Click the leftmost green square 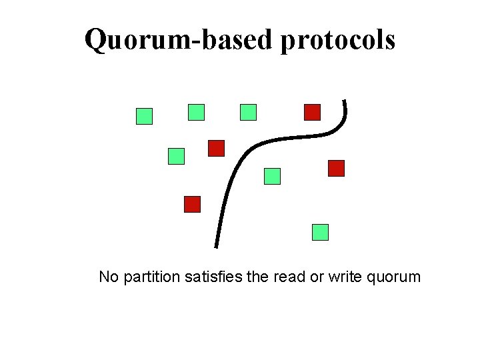(145, 117)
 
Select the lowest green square (321, 232)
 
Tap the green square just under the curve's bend (273, 176)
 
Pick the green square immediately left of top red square (249, 112)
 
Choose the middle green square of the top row (197, 112)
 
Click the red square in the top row (313, 112)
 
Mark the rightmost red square (337, 168)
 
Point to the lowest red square (193, 204)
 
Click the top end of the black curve (344, 102)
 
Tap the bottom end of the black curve (216, 245)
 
